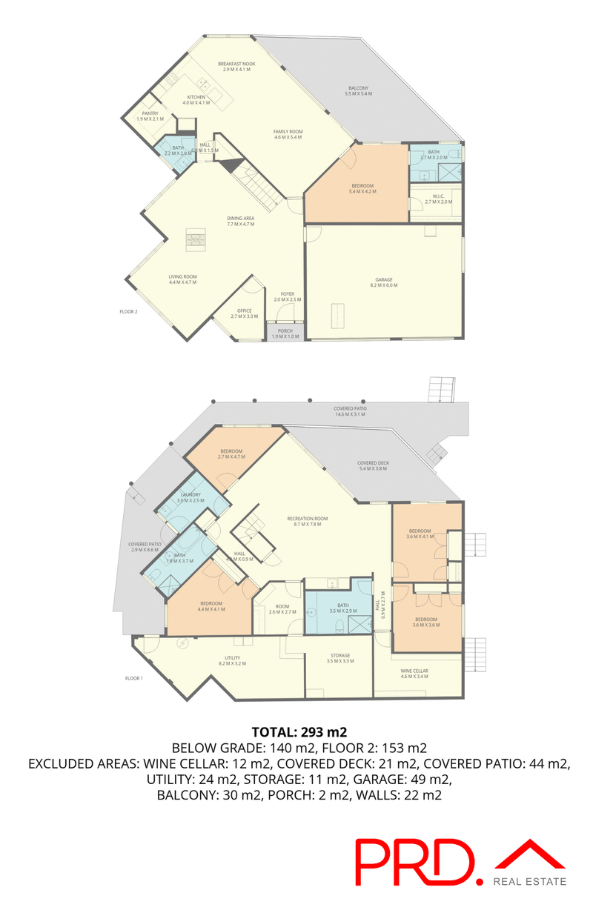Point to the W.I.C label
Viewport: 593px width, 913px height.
[437, 199]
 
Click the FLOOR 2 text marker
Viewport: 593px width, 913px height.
[129, 312]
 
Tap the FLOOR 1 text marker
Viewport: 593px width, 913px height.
[133, 678]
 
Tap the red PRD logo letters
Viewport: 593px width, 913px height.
[414, 862]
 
